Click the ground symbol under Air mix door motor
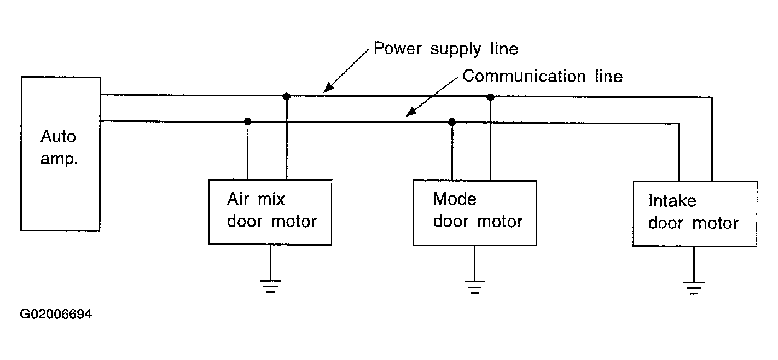[271, 286]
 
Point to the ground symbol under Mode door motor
[475, 287]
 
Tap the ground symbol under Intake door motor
[694, 288]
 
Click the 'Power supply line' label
[446, 49]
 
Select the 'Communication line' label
[543, 76]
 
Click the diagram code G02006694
[56, 314]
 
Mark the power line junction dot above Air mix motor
[287, 96]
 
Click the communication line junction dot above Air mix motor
[248, 121]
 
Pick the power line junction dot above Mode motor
[490, 97]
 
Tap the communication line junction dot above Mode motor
[452, 122]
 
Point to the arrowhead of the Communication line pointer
[411, 112]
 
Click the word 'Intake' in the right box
[672, 201]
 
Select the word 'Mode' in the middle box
[455, 199]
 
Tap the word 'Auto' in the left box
[58, 136]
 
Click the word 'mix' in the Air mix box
[271, 199]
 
